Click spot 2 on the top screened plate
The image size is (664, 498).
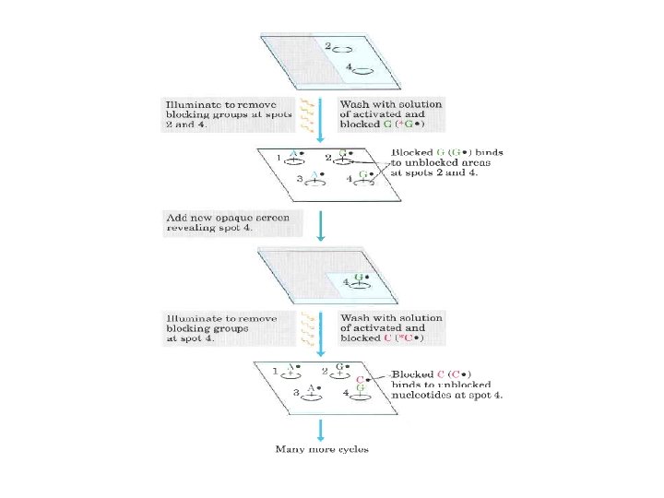point(342,49)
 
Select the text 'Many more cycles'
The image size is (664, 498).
point(322,449)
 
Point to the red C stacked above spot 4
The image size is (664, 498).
point(360,379)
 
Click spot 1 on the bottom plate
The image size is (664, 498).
point(292,371)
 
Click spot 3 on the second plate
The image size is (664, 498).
point(314,180)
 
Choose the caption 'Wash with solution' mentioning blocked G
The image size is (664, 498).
point(391,114)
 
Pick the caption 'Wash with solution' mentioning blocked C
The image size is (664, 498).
point(391,327)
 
